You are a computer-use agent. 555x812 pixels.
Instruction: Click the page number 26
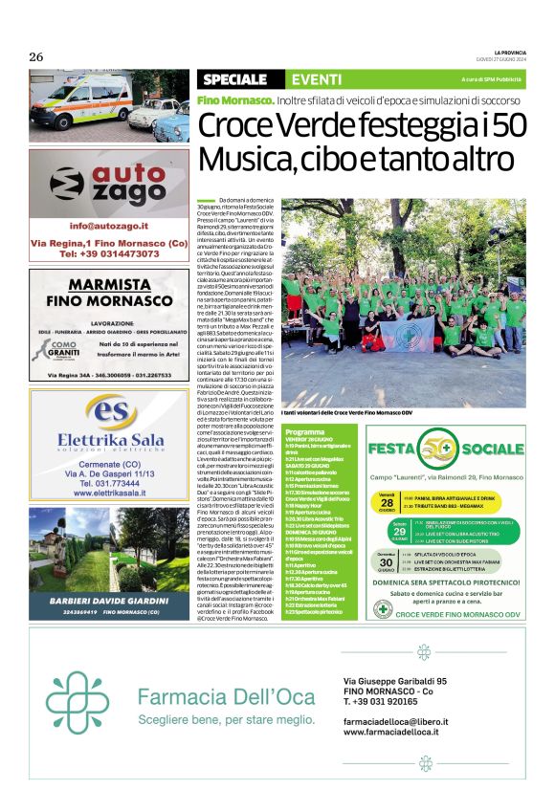36,55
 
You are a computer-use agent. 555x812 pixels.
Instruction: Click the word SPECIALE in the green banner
234,78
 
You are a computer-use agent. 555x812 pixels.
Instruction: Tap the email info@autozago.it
108,226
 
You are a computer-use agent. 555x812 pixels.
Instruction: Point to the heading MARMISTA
108,285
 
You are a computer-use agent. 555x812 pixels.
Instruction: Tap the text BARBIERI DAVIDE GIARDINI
108,601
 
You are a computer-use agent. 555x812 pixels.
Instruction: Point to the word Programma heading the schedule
303,432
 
